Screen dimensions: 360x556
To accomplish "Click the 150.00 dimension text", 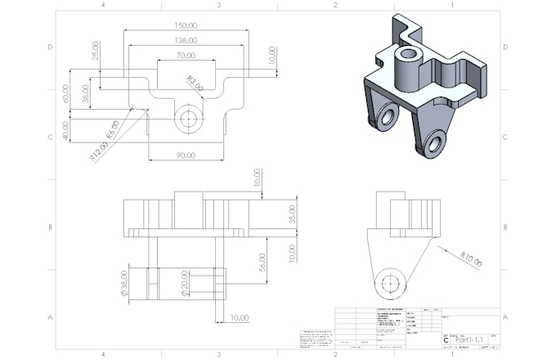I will click(186, 25).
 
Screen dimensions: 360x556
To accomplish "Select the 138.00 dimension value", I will click(186, 40).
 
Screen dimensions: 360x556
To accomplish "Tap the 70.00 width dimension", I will click(186, 56).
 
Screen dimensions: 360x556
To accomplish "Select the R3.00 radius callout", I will click(194, 83).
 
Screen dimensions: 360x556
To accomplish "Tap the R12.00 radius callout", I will click(99, 152).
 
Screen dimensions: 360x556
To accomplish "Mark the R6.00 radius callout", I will click(112, 131).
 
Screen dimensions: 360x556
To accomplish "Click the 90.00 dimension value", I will click(186, 155).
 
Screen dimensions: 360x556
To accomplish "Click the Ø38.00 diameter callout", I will click(125, 281).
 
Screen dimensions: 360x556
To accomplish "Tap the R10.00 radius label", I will click(471, 259).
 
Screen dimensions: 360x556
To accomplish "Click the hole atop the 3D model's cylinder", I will click(406, 55).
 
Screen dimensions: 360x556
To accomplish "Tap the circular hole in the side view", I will click(391, 283).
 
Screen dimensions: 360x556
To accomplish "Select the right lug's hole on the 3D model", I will click(433, 144).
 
